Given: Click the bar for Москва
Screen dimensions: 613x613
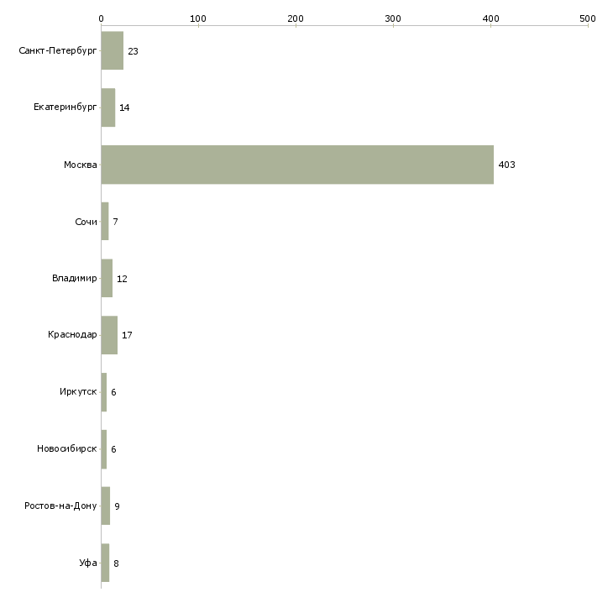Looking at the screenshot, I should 297,165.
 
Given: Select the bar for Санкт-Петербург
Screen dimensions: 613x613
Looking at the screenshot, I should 112,50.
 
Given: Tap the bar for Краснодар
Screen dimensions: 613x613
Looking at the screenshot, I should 109,335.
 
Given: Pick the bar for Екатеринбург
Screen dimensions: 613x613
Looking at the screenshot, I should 107,107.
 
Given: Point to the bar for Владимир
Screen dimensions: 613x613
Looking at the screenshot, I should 107,278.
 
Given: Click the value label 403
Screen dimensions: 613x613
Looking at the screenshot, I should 506,165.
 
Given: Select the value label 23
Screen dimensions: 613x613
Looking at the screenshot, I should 133,51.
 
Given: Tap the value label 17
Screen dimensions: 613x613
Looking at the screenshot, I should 127,336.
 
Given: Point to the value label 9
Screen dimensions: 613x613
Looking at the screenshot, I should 117,506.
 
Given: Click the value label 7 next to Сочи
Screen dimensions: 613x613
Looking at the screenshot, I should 115,222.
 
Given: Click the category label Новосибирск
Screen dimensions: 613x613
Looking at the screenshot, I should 66,449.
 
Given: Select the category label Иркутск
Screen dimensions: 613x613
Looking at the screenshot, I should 78,392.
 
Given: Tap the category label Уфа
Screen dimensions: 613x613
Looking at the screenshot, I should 88,563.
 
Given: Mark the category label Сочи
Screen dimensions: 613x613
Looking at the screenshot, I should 86,222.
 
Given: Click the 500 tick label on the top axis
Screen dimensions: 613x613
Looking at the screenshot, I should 588,18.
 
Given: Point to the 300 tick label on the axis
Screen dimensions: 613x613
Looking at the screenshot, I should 393,18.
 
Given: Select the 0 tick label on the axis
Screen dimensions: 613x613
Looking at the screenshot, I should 101,18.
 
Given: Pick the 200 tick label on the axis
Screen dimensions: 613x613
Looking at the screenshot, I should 296,18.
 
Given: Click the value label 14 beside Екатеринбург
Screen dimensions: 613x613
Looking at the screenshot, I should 124,107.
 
